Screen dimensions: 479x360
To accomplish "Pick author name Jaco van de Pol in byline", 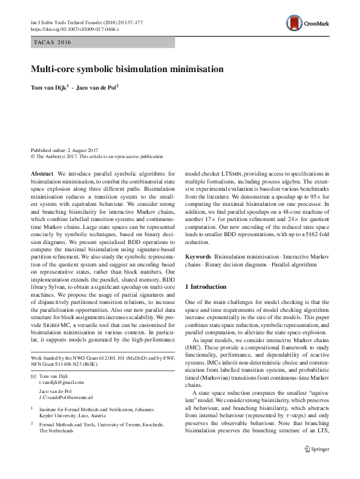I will [97, 87].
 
